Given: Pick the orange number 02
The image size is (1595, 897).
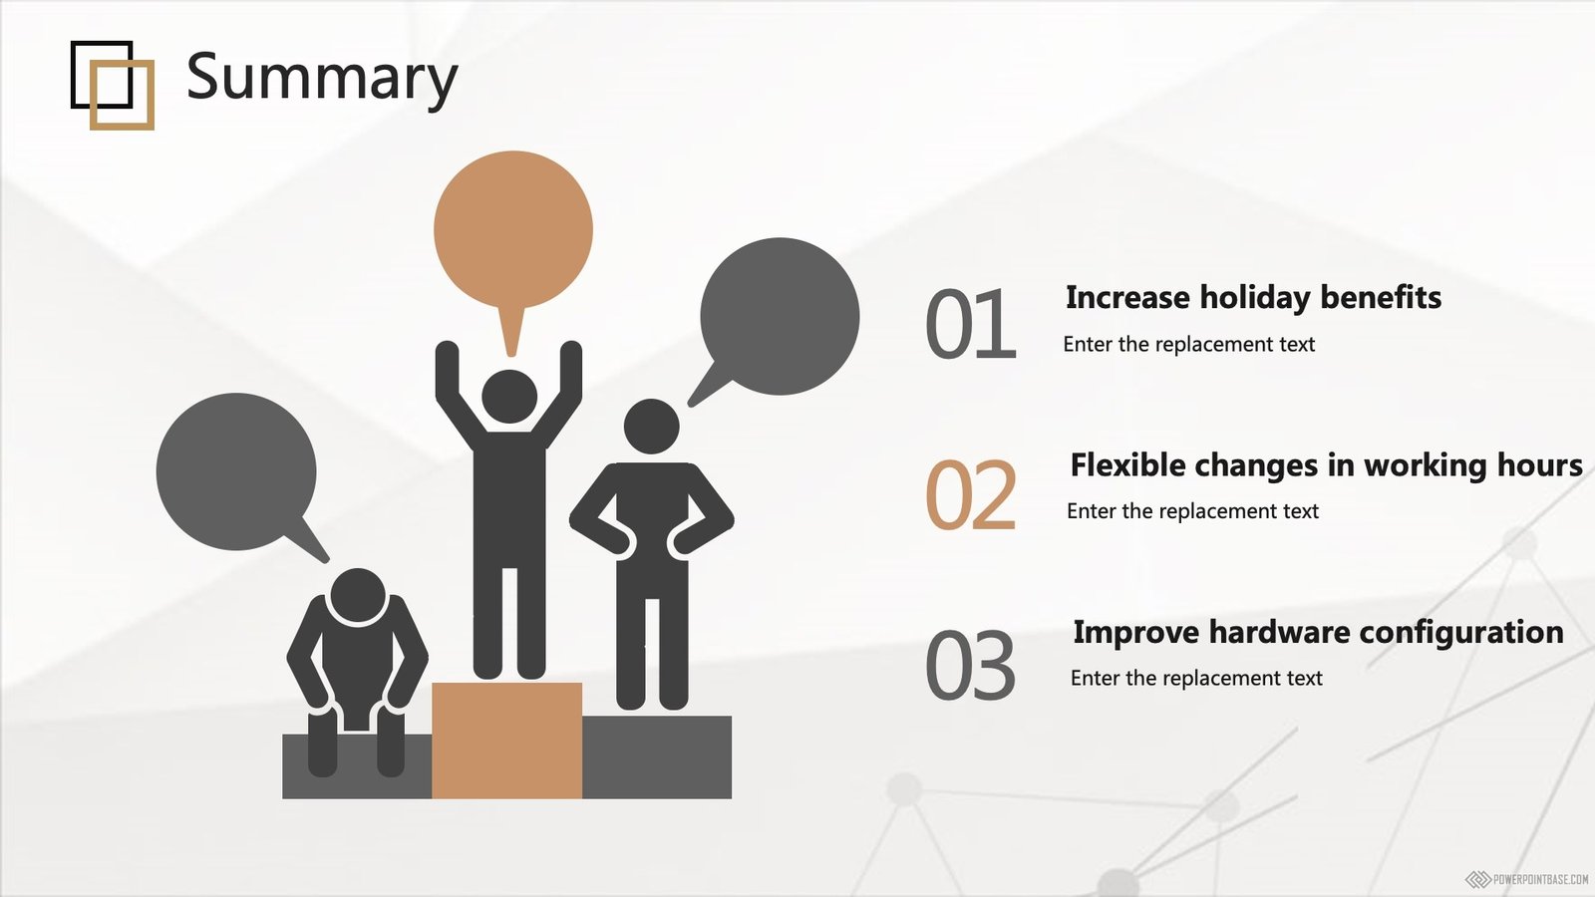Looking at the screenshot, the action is [x=971, y=494].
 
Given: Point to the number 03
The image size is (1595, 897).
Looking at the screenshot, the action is [x=971, y=664].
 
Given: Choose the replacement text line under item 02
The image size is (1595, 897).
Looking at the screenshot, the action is [x=1192, y=511].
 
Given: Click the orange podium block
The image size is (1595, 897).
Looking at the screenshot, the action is [x=507, y=741].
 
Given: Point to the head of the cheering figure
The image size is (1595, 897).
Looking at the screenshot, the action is [x=509, y=397].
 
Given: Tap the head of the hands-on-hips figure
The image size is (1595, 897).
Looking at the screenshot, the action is [x=652, y=426].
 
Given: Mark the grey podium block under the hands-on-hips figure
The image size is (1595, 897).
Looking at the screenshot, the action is [x=657, y=757].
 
